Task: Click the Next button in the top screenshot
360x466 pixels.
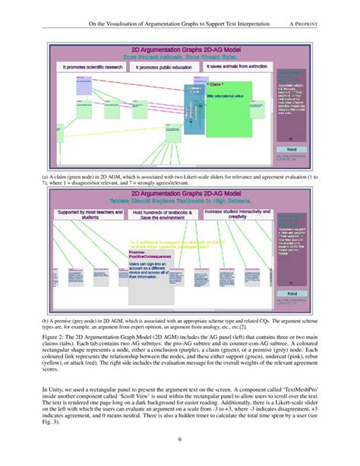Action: pyautogui.click(x=291, y=149)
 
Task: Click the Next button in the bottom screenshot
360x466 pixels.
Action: pyautogui.click(x=291, y=293)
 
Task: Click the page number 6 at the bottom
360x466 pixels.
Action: pyautogui.click(x=180, y=439)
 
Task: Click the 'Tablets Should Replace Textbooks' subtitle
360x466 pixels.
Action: pyautogui.click(x=158, y=200)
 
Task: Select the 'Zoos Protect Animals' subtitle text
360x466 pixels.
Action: pyautogui.click(x=158, y=57)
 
